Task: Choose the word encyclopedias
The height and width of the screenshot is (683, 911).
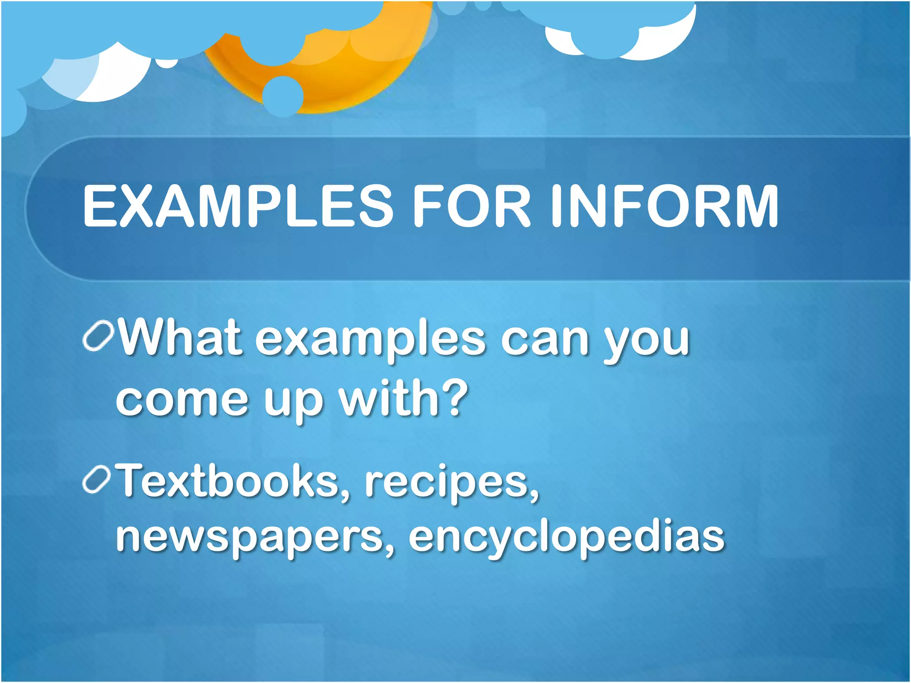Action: tap(566, 538)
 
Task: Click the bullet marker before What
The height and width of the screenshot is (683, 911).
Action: tap(98, 336)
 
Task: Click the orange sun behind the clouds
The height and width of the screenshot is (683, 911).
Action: tap(356, 76)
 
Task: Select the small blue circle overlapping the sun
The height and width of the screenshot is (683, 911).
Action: tap(283, 96)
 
